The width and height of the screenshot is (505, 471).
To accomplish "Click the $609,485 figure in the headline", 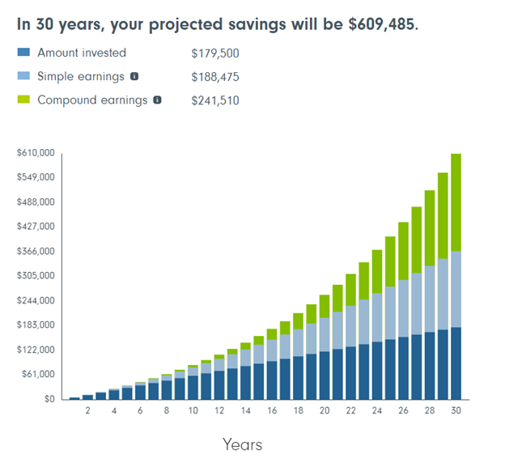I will (x=382, y=23).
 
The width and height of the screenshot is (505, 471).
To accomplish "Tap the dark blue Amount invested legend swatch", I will (x=23, y=53).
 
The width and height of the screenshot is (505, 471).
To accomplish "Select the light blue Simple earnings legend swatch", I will (x=23, y=77).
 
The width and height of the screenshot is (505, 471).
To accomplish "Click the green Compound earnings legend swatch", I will (x=23, y=100).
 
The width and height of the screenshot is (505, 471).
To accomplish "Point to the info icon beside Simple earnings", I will (x=134, y=77).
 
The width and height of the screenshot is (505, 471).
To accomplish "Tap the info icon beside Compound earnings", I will (x=157, y=100).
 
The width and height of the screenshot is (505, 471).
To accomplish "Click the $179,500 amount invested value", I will (x=215, y=53).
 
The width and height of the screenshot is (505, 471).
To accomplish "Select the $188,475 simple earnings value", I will (x=215, y=77).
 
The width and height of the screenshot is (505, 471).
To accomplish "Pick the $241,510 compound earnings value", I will (x=215, y=100).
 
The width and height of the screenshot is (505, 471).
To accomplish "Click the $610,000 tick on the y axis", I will (x=36, y=152).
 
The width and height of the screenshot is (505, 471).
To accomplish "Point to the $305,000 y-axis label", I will (x=36, y=275).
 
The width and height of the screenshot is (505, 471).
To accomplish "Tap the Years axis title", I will (x=242, y=444).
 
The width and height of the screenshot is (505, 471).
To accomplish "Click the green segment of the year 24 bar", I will (x=376, y=271).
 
